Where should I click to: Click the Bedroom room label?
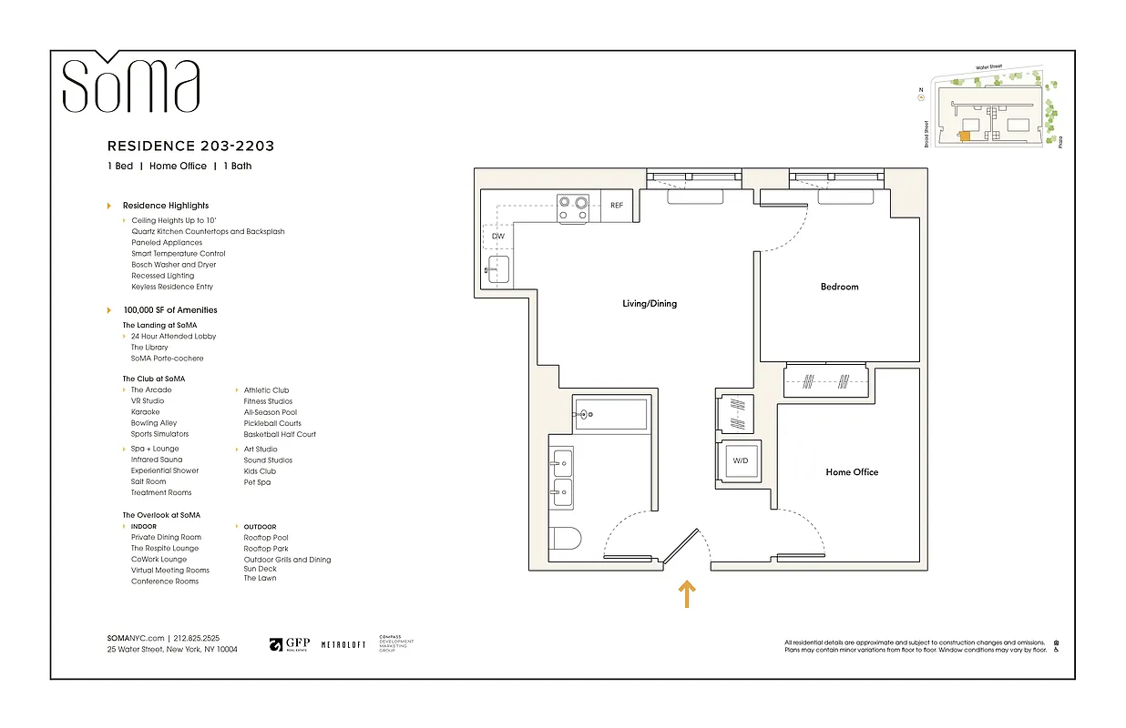pyautogui.click(x=839, y=287)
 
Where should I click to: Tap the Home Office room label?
pyautogui.click(x=852, y=472)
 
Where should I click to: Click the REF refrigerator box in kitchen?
pyautogui.click(x=618, y=206)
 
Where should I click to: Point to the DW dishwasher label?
pyautogui.click(x=497, y=237)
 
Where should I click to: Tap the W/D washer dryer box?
pyautogui.click(x=741, y=461)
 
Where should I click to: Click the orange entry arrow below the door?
pyautogui.click(x=687, y=594)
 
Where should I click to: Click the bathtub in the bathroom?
pyautogui.click(x=610, y=414)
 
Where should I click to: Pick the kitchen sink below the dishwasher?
pyautogui.click(x=497, y=270)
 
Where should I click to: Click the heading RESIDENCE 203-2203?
pyautogui.click(x=190, y=146)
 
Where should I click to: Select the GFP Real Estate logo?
pyautogui.click(x=289, y=645)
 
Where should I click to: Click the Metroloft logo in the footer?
pyautogui.click(x=343, y=644)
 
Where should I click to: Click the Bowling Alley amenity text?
pyautogui.click(x=154, y=423)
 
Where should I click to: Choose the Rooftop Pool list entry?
pyautogui.click(x=266, y=538)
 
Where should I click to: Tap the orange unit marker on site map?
pyautogui.click(x=963, y=137)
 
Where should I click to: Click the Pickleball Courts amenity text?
pyautogui.click(x=272, y=423)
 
